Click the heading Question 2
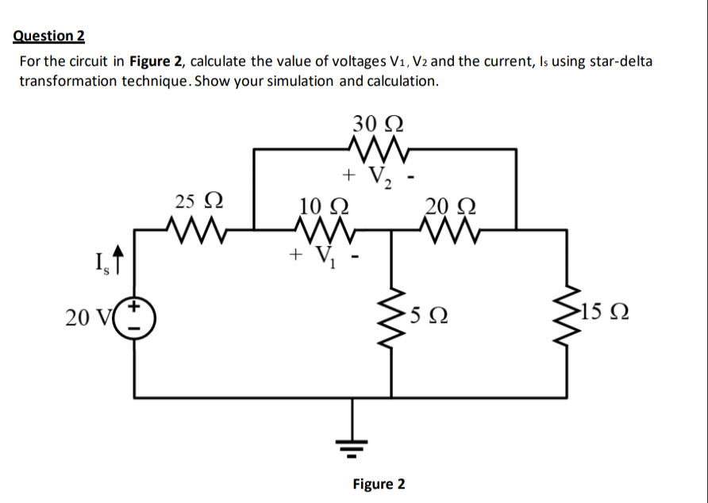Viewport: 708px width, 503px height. pos(48,36)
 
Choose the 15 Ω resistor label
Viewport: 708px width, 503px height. pos(605,317)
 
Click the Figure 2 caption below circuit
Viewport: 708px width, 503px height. pos(379,484)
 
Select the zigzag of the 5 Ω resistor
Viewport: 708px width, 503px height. pos(394,318)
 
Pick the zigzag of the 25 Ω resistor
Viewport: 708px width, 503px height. pos(197,230)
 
